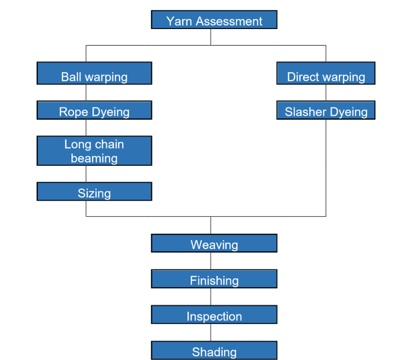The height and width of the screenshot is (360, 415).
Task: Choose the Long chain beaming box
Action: [94, 151]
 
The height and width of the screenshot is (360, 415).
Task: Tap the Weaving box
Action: [214, 243]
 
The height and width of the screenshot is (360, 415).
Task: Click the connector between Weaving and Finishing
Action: [211, 261]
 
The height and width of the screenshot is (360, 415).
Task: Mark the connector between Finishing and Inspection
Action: [211, 296]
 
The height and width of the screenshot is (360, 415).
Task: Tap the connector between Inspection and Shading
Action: [211, 332]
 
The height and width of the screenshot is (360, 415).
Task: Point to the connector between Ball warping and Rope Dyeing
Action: [86, 93]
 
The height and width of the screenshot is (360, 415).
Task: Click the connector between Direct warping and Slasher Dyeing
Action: [326, 93]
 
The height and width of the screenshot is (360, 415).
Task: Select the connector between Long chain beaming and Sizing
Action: [86, 174]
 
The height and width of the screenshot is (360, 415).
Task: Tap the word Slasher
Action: [305, 112]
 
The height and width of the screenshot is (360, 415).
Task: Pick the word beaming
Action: [94, 158]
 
